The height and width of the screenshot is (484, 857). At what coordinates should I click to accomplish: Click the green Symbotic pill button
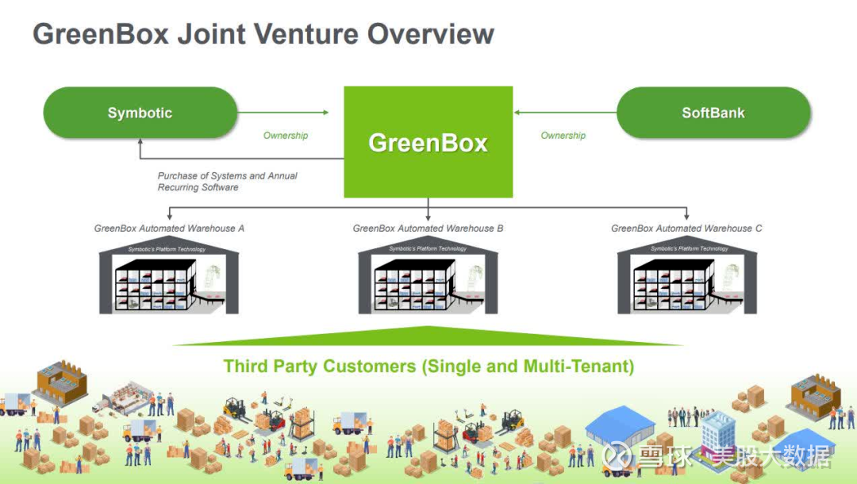[x=140, y=113]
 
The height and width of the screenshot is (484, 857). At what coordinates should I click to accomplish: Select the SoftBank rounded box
[x=713, y=113]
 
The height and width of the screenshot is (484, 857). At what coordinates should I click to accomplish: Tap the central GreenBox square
[x=428, y=142]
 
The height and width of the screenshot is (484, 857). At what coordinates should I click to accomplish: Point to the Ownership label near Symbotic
[x=286, y=136]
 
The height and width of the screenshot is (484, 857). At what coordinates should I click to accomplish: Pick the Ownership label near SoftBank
[x=563, y=136]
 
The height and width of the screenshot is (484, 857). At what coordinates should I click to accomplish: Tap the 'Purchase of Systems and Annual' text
[x=227, y=176]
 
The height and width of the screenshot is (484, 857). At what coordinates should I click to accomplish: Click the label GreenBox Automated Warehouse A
[x=169, y=229]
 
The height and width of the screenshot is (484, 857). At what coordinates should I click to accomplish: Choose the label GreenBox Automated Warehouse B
[x=428, y=229]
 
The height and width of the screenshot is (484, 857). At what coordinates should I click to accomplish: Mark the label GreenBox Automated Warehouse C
[x=686, y=229]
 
